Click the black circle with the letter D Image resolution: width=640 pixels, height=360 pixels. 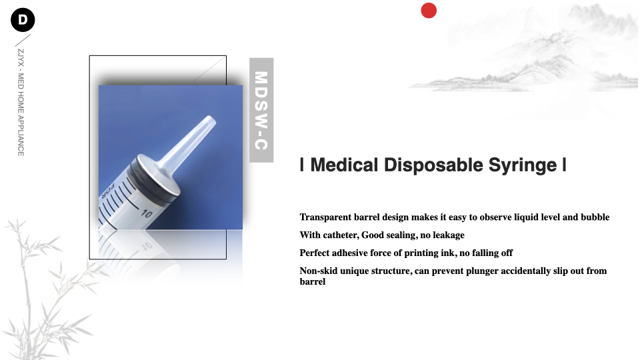click(23, 19)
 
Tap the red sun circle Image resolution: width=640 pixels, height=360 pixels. click(429, 10)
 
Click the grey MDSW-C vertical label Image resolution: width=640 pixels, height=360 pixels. click(261, 110)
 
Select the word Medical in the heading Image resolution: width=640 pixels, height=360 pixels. click(344, 165)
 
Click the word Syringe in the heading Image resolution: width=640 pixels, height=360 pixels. click(523, 165)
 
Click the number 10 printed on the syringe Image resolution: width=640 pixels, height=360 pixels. click(147, 213)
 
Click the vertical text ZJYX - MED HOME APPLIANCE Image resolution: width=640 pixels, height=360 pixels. click(21, 103)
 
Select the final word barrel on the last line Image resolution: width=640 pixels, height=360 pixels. click(312, 281)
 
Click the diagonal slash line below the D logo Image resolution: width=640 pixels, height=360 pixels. click(23, 41)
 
